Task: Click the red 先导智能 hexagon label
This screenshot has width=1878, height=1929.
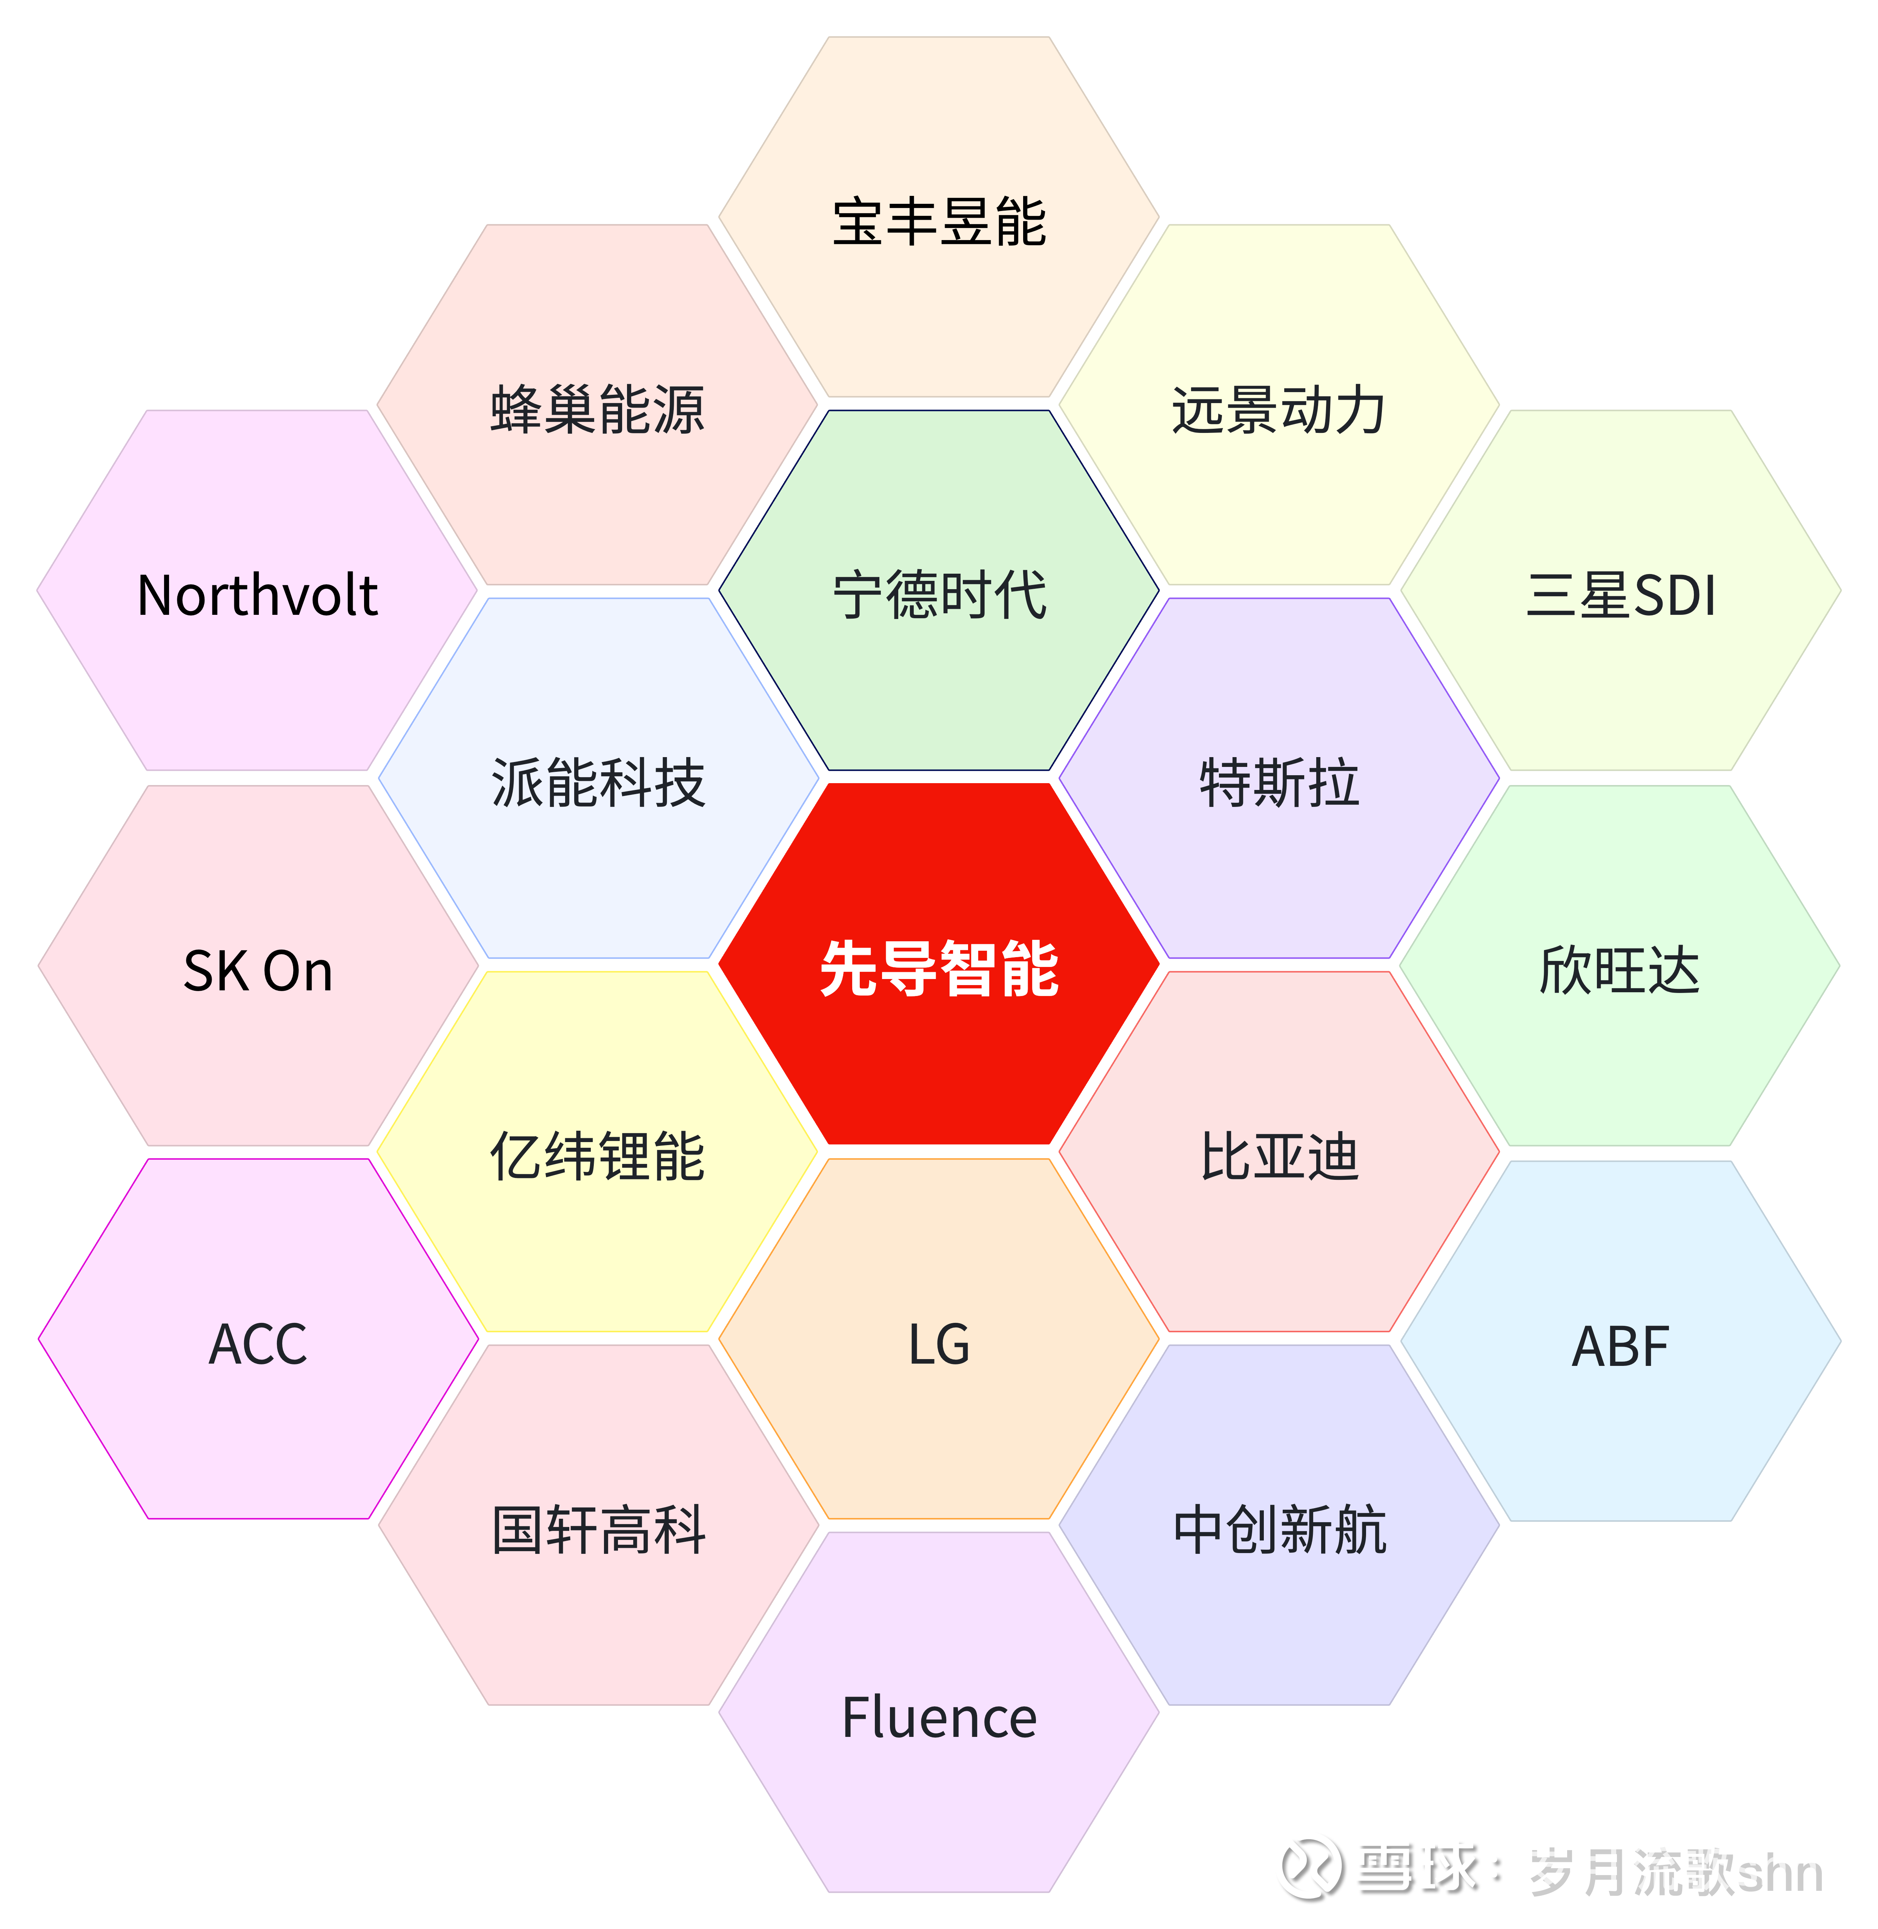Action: point(939,969)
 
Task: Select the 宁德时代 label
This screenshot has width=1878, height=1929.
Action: point(939,595)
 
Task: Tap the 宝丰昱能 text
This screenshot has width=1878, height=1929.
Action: point(939,221)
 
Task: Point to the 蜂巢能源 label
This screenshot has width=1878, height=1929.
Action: point(598,408)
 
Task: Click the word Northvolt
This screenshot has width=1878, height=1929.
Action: point(257,595)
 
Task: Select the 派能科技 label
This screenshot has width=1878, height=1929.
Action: point(598,782)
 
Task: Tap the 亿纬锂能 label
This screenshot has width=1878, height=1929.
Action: point(598,1156)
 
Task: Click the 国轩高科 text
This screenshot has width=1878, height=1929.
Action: point(598,1530)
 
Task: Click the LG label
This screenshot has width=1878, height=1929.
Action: point(939,1344)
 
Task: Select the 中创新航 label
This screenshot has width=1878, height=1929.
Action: point(1279,1530)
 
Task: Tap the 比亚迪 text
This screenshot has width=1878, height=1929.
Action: point(1279,1156)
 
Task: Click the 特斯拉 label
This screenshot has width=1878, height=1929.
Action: point(1279,782)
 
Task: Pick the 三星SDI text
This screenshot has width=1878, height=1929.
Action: point(1621,595)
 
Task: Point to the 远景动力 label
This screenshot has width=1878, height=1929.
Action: point(1279,408)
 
